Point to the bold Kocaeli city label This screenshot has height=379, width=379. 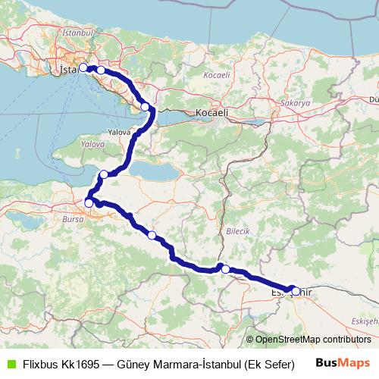point(211,111)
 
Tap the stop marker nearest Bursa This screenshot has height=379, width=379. point(89,202)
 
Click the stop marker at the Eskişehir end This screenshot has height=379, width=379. point(295,289)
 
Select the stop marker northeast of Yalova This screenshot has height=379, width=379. point(145,107)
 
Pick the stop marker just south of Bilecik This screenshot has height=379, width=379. point(225,268)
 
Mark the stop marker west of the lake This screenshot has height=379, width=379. point(104,174)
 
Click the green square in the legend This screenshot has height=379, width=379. point(8,364)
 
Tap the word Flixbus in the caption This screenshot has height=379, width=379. point(35,364)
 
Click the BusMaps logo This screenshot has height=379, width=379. point(343,363)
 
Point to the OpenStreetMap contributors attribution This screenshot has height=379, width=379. point(309,340)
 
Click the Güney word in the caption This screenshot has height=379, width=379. point(132,364)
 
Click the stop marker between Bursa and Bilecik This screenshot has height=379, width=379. point(152,235)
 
